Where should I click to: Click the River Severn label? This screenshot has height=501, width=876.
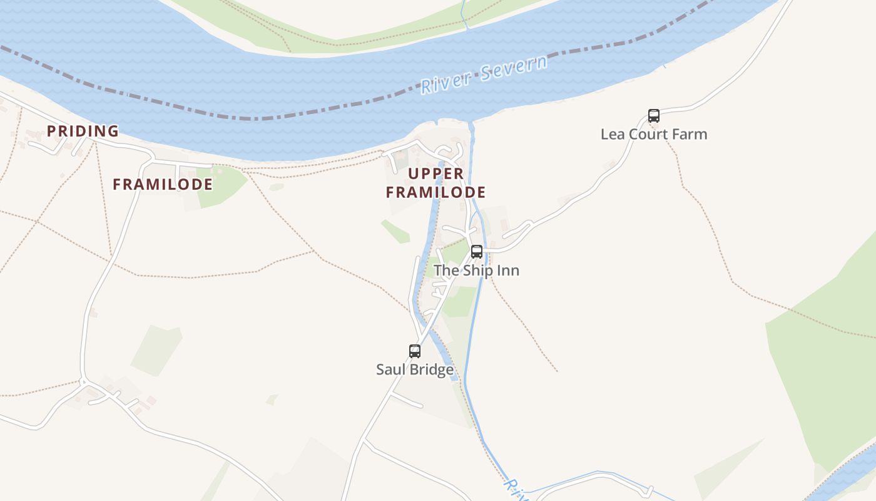[x=484, y=74]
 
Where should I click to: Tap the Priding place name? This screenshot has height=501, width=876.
[x=83, y=132]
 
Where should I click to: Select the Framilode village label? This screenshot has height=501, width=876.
[x=163, y=185]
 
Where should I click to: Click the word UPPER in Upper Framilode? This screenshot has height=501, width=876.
[x=436, y=173]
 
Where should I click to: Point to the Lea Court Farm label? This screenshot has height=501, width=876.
[x=654, y=134]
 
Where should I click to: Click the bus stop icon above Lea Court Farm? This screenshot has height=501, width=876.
[x=654, y=116]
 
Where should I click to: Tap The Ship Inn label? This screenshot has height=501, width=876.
[x=477, y=271]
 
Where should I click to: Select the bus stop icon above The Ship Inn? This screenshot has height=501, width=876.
[x=477, y=252]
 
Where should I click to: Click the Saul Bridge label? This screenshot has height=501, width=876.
[x=415, y=369]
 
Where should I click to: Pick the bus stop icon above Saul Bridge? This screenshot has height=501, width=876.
[x=415, y=351]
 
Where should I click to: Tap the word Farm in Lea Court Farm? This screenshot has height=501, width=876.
[x=693, y=134]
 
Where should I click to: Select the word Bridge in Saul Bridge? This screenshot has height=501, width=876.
[x=429, y=369]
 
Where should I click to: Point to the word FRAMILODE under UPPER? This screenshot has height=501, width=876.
[x=436, y=192]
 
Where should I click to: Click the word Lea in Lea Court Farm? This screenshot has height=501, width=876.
[x=611, y=134]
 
